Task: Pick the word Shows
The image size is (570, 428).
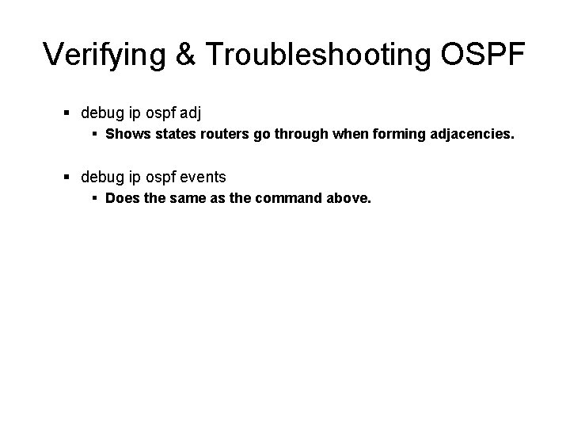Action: (126, 135)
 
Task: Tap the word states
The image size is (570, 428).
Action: (173, 135)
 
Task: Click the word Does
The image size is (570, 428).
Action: (122, 199)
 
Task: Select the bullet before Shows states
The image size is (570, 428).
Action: (95, 136)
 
